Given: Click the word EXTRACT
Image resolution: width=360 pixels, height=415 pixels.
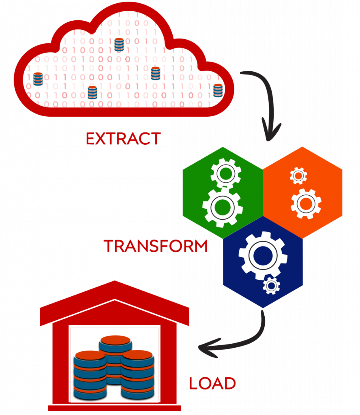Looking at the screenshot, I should click(123, 139).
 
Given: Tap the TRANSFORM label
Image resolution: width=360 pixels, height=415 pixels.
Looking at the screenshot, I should click(156, 246).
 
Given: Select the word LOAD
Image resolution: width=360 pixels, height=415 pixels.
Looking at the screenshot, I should click(212, 383).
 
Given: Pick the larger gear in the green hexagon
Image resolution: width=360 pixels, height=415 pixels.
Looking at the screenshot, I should click(222, 207).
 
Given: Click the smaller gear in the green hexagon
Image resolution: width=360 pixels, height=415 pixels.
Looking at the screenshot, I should click(226, 173).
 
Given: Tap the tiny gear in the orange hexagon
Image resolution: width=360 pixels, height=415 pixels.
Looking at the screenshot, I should click(298, 175).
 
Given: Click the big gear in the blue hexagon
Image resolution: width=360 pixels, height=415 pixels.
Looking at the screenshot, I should click(263, 255).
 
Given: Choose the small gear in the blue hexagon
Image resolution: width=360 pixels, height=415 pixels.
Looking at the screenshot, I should click(271, 286).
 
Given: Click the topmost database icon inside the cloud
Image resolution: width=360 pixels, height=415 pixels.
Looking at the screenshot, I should click(119, 44).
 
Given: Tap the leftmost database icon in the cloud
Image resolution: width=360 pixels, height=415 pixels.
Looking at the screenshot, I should click(38, 79).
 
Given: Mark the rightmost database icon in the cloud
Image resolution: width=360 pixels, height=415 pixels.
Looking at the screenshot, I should click(218, 90).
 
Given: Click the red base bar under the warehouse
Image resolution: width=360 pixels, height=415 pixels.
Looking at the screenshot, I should click(115, 408).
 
